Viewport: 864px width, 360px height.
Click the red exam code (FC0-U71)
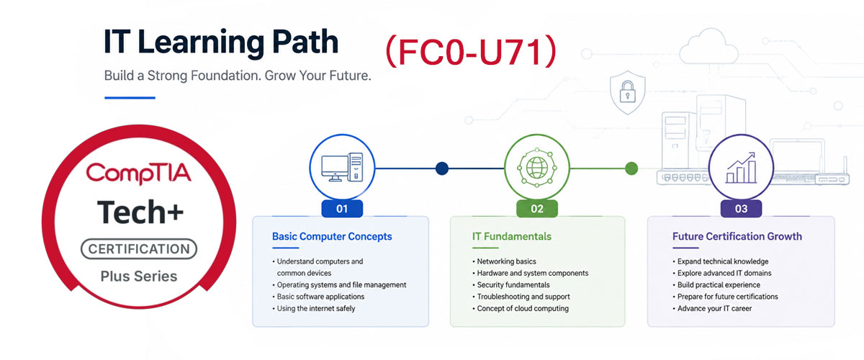[x=471, y=52]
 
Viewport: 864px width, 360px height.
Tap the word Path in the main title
[x=305, y=41]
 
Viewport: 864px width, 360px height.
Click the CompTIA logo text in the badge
[x=138, y=174]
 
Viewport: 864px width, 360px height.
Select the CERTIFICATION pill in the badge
[x=139, y=249]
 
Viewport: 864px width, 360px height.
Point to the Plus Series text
[x=139, y=276]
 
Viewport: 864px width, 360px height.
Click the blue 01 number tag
[x=342, y=209]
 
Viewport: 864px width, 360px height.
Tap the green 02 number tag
[x=537, y=209]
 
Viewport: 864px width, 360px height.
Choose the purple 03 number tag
[x=741, y=209]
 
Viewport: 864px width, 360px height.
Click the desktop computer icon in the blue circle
[x=342, y=167]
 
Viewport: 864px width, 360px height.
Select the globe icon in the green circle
[x=537, y=168]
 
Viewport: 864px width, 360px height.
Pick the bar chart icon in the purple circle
[x=741, y=168]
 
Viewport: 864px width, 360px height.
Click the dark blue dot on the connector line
[x=442, y=168]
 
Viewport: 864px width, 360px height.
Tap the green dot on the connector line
[x=631, y=168]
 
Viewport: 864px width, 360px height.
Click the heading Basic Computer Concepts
[x=332, y=236]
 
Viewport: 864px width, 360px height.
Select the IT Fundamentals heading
[x=512, y=236]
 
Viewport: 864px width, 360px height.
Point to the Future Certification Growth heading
[x=737, y=236]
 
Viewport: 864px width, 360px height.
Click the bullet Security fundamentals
[x=511, y=284]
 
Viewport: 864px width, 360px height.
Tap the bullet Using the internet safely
[x=314, y=308]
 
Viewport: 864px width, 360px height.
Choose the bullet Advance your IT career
[x=712, y=308]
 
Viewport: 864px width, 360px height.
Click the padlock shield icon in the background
[x=628, y=93]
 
